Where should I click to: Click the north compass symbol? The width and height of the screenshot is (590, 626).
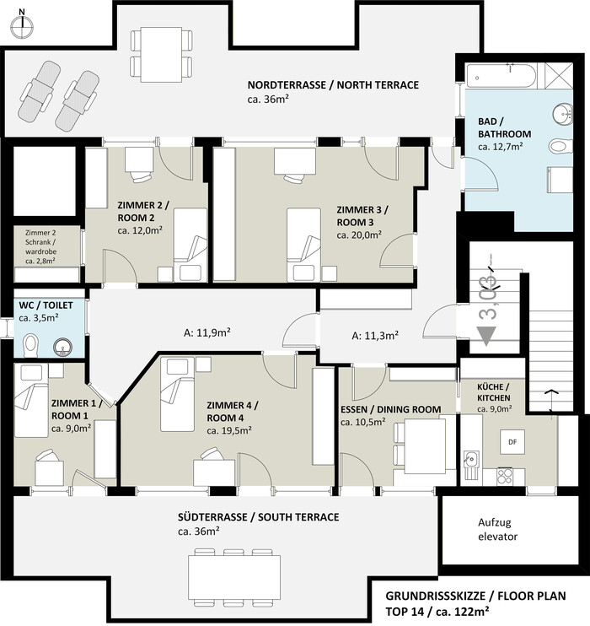pos(23,27)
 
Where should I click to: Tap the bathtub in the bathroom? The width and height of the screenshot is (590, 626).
pos(501,76)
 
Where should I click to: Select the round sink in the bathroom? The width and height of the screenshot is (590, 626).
pos(563,114)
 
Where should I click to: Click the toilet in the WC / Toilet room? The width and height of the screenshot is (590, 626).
pos(30,346)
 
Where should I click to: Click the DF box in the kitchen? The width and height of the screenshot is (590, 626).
pos(512,442)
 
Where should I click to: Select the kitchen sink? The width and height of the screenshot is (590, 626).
pos(472,464)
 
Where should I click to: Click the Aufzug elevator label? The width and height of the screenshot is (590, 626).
pos(497,529)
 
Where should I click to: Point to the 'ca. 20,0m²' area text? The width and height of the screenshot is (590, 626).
pos(358,235)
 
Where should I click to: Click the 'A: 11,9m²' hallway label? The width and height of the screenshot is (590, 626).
pos(206,332)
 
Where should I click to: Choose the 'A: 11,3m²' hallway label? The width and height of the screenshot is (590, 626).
pos(374,336)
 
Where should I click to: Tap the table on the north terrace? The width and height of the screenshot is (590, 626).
pos(162,55)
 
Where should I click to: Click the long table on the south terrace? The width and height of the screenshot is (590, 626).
pos(234,577)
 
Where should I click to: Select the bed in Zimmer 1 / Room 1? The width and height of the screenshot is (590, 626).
pos(31,401)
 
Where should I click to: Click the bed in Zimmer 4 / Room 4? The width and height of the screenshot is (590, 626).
pos(177,395)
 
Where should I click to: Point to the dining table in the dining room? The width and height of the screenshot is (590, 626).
pos(426,446)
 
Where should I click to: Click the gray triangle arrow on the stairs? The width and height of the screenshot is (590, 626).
pos(486,335)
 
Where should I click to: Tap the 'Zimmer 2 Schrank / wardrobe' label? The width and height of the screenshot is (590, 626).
pos(40,246)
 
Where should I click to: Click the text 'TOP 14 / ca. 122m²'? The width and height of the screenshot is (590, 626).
pos(437,611)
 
